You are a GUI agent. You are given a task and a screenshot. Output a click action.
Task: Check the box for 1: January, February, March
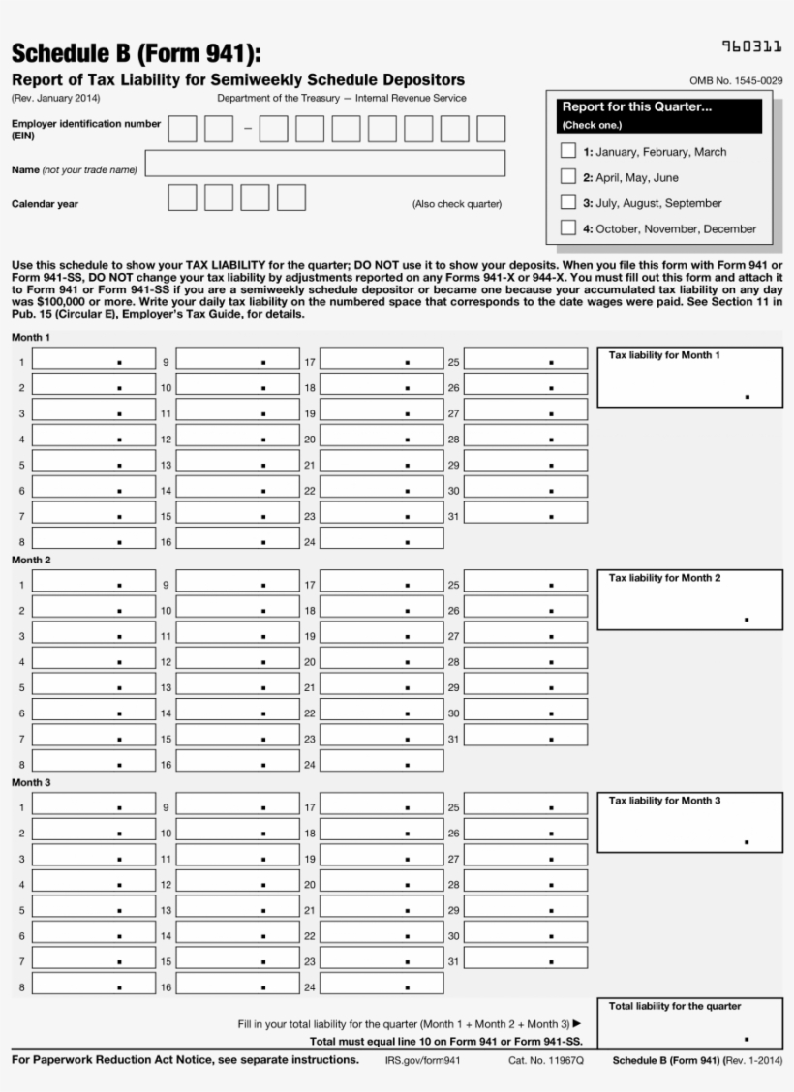[568, 151]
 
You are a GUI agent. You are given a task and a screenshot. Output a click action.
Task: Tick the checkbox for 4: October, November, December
[568, 228]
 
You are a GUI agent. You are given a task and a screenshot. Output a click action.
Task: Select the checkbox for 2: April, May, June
[568, 177]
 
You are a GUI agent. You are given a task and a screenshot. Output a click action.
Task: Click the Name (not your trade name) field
[325, 163]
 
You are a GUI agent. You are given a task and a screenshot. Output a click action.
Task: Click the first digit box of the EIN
[182, 129]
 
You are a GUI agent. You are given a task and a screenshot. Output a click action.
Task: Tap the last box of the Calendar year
[291, 197]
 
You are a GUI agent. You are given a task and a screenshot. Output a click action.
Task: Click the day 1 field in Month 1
[93, 359]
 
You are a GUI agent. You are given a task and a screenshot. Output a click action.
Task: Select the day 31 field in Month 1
[526, 513]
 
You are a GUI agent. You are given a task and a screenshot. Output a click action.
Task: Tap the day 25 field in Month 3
[526, 804]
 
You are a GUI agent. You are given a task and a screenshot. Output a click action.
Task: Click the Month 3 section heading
[31, 782]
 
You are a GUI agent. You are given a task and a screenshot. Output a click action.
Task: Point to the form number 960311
[751, 45]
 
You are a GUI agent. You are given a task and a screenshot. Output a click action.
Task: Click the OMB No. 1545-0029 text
[736, 80]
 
